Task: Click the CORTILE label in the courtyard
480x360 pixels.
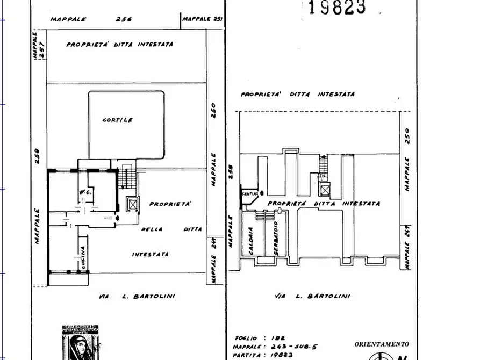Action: (118, 120)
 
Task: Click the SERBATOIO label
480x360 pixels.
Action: (275, 239)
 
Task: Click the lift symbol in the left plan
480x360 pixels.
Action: (132, 205)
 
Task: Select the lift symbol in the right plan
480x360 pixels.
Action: (324, 189)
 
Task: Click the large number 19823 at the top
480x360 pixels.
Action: (337, 7)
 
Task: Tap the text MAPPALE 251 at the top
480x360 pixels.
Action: (202, 19)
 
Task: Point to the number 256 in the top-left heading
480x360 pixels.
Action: (123, 19)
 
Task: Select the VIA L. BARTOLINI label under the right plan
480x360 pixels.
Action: (312, 296)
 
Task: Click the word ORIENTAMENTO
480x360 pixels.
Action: (381, 344)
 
